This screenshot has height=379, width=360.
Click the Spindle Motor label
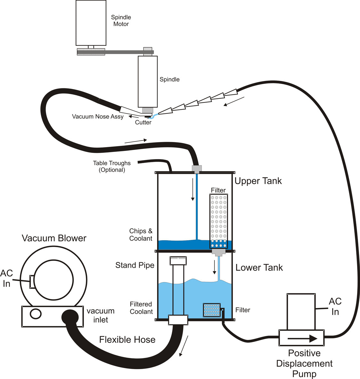pyautogui.click(x=121, y=20)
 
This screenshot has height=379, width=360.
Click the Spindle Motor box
pyautogui.click(x=91, y=23)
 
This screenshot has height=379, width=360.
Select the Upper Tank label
pyautogui.click(x=258, y=181)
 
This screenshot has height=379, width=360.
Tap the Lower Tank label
pyautogui.click(x=259, y=267)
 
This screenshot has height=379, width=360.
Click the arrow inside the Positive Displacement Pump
pyautogui.click(x=302, y=338)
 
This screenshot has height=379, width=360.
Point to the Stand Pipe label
pyautogui.click(x=135, y=265)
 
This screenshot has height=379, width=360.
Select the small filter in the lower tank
pyautogui.click(x=212, y=310)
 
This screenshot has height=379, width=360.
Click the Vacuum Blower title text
pyautogui.click(x=54, y=238)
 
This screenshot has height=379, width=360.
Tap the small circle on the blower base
pyautogui.click(x=36, y=313)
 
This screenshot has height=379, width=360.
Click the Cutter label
pyautogui.click(x=143, y=122)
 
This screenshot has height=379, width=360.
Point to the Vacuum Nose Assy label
pyautogui.click(x=98, y=117)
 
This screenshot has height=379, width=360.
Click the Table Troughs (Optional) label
pyautogui.click(x=112, y=166)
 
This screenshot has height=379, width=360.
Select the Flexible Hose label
pyautogui.click(x=127, y=340)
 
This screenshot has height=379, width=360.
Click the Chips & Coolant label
pyautogui.click(x=141, y=235)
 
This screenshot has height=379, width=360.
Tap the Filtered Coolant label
pyautogui.click(x=141, y=308)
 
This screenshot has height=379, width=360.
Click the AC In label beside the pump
pyautogui.click(x=335, y=306)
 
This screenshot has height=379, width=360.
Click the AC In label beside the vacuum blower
pyautogui.click(x=7, y=278)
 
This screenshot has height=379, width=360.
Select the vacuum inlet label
pyautogui.click(x=100, y=315)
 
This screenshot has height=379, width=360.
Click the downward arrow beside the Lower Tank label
pyautogui.click(x=214, y=267)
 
